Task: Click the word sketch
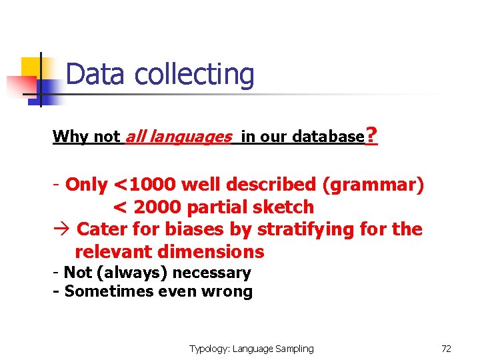(x=283, y=207)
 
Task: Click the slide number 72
(x=446, y=349)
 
